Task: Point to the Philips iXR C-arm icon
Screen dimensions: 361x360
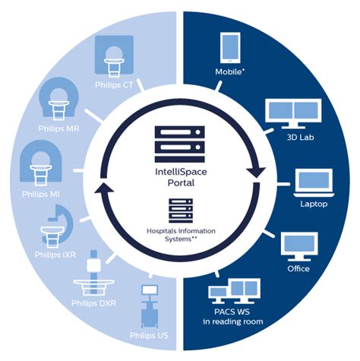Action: click(54, 225)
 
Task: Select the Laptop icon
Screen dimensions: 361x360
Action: click(311, 183)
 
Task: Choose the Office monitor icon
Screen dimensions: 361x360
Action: click(298, 245)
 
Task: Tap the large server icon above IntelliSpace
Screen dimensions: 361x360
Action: click(180, 141)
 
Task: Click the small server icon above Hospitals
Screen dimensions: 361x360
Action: click(179, 207)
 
